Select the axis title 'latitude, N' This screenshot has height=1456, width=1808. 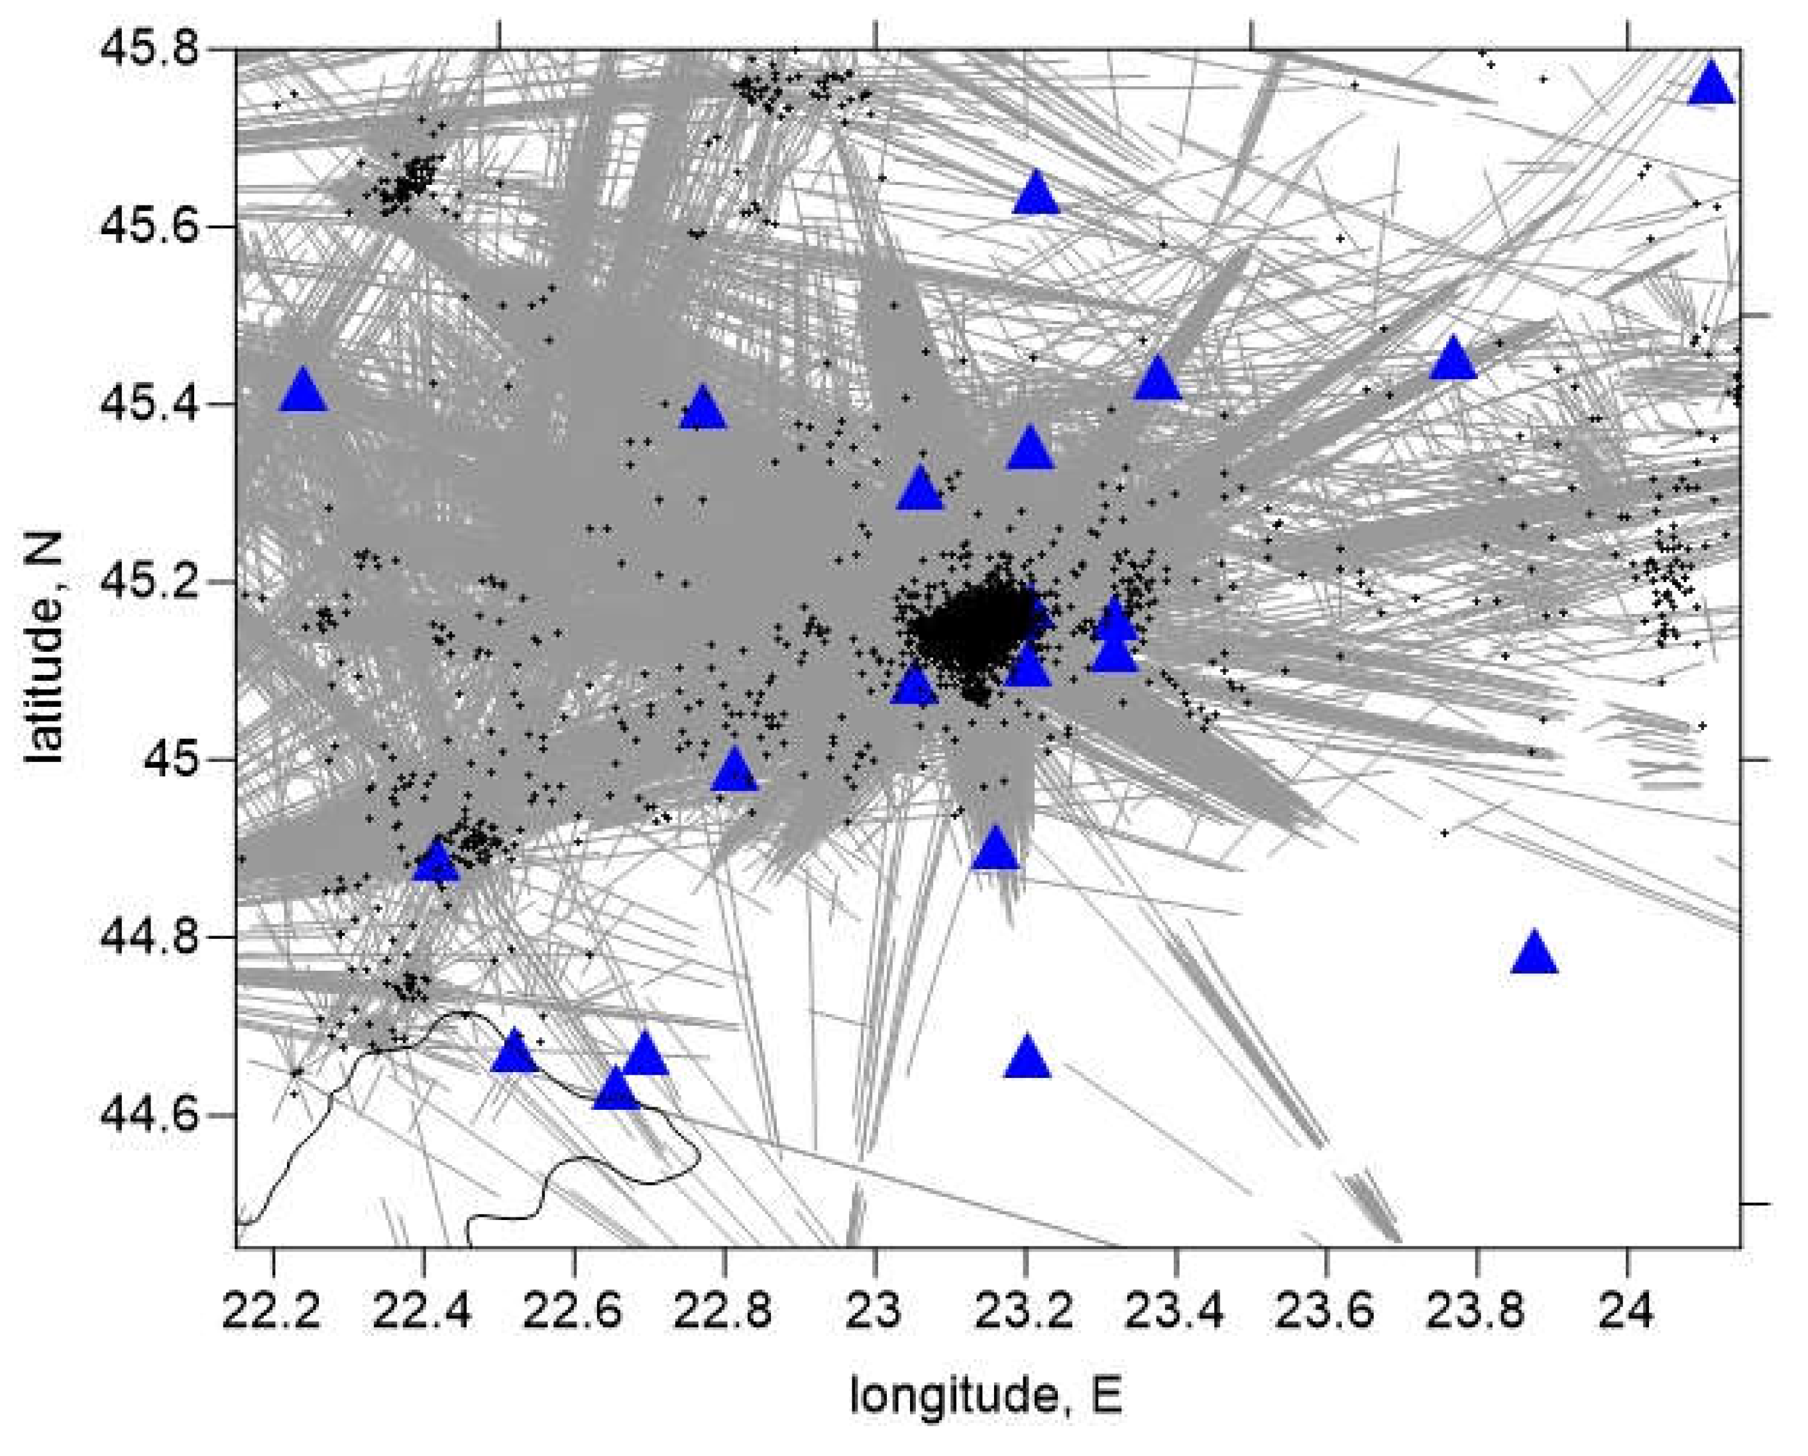pyautogui.click(x=44, y=648)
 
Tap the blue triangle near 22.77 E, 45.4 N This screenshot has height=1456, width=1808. pyautogui.click(x=702, y=409)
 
